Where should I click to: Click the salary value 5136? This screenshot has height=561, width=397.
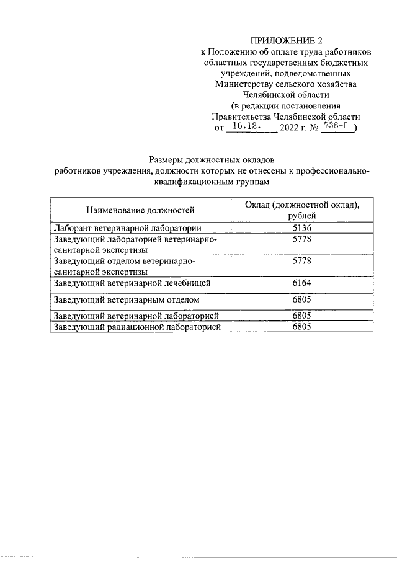pyautogui.click(x=302, y=227)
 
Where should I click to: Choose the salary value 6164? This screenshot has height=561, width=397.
pyautogui.click(x=302, y=283)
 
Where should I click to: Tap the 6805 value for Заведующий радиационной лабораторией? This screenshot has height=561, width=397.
pyautogui.click(x=302, y=328)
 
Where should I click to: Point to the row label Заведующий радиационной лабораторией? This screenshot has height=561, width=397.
pyautogui.click(x=138, y=328)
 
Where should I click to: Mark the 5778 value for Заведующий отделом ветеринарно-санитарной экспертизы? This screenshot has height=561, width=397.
pyautogui.click(x=302, y=261)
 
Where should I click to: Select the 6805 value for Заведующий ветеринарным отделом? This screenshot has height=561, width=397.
pyautogui.click(x=302, y=300)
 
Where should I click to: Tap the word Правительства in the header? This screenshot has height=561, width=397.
pyautogui.click(x=240, y=117)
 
